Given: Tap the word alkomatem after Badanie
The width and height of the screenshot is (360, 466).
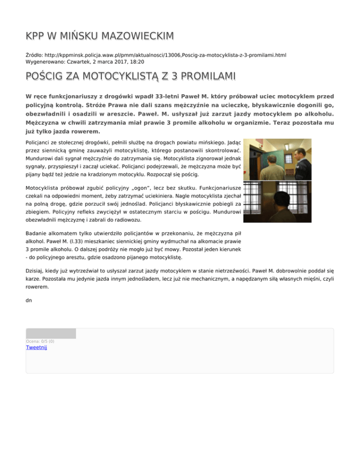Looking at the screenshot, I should (x=67, y=232).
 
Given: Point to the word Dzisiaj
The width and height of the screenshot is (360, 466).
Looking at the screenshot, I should (x=37, y=271).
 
